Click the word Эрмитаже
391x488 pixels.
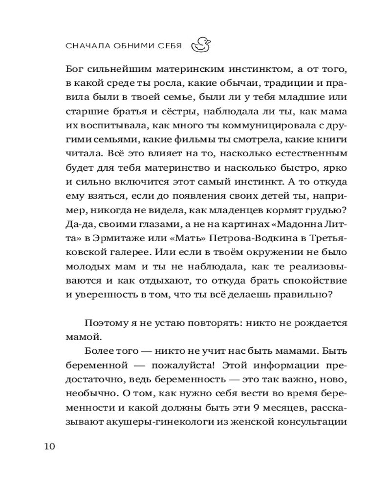click(113, 240)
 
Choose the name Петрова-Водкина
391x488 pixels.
click(227, 240)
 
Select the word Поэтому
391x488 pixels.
click(105, 324)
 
